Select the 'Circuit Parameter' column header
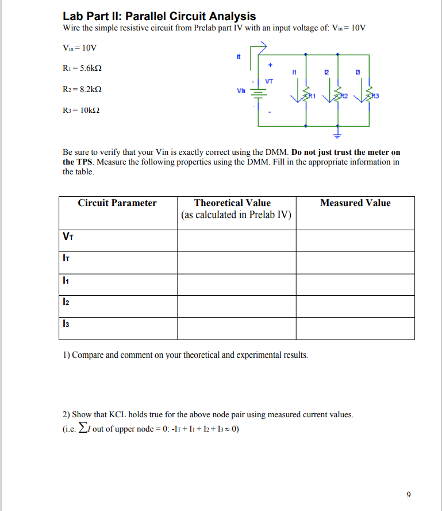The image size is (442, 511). [117, 203]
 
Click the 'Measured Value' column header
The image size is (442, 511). [355, 203]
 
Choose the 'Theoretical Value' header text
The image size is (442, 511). [232, 203]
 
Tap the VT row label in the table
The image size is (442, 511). [68, 236]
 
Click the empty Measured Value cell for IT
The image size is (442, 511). [355, 262]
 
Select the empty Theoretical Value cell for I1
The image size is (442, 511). [236, 284]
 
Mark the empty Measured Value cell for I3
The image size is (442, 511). [355, 329]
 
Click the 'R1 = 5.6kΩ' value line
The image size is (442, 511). [86, 68]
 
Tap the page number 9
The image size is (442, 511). [408, 494]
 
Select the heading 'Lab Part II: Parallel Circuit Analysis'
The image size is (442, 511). [159, 16]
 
